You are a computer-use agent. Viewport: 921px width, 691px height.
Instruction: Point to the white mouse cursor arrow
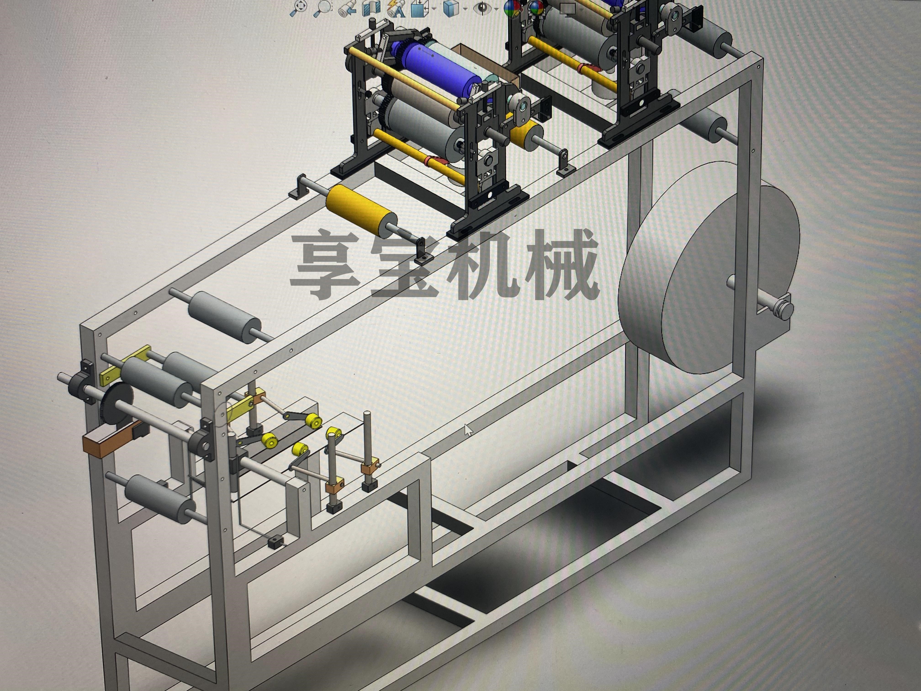tap(468, 430)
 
